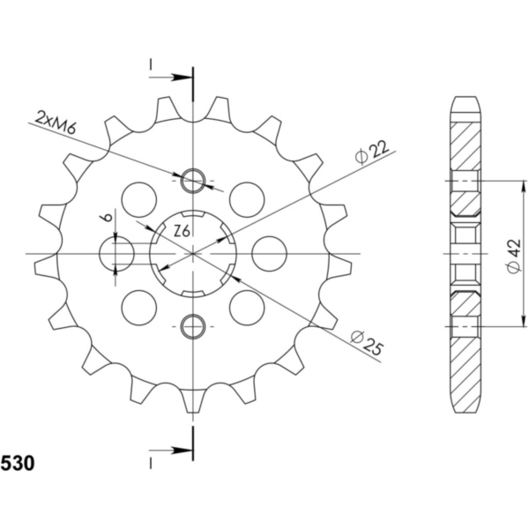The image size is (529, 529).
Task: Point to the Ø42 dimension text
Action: [x=514, y=256]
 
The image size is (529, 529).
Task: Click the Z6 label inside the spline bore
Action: [x=183, y=231]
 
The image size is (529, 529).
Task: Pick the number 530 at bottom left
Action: [x=18, y=463]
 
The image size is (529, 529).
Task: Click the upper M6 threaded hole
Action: [x=193, y=181]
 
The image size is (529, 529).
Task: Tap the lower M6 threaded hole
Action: [x=193, y=326]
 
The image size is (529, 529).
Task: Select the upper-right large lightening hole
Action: [x=247, y=200]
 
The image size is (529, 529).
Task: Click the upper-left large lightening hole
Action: [x=139, y=200]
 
